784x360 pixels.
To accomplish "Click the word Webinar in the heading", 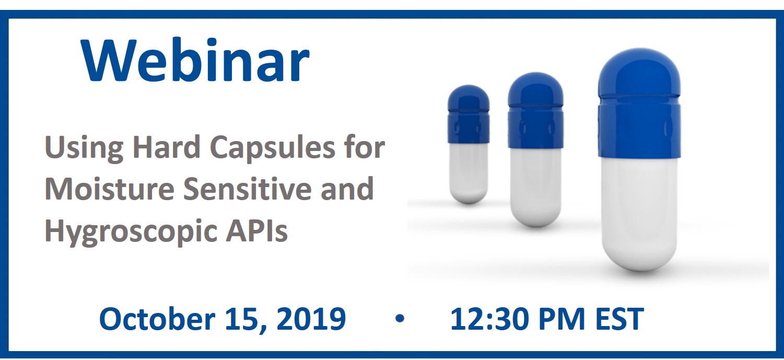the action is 195,60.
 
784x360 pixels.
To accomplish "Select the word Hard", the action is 166,147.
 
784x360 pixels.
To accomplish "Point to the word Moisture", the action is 110,189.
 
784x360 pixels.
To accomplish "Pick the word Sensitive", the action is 248,189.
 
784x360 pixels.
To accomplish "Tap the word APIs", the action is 256,230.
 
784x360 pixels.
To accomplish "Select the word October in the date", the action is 157,318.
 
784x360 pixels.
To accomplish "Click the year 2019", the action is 311,319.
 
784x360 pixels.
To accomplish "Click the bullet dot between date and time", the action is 400,318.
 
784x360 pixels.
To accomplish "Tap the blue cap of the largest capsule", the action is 639,105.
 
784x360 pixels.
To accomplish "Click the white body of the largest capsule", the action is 639,214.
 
